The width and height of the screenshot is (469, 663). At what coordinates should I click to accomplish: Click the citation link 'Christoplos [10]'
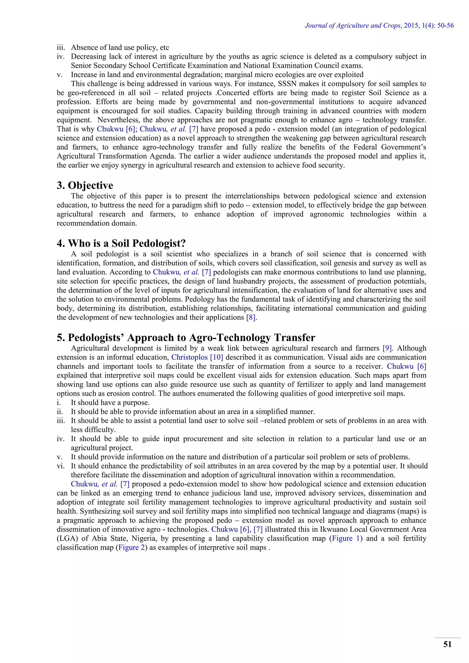pyautogui.click(x=197, y=358)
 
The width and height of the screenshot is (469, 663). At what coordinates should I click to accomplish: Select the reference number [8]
pyautogui.click(x=251, y=318)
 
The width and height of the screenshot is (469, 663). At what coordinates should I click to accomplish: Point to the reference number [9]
pyautogui.click(x=387, y=348)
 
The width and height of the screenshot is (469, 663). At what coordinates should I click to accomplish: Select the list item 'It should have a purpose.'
pyautogui.click(x=110, y=402)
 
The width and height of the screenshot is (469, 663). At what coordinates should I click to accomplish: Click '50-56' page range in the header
pyautogui.click(x=446, y=25)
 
